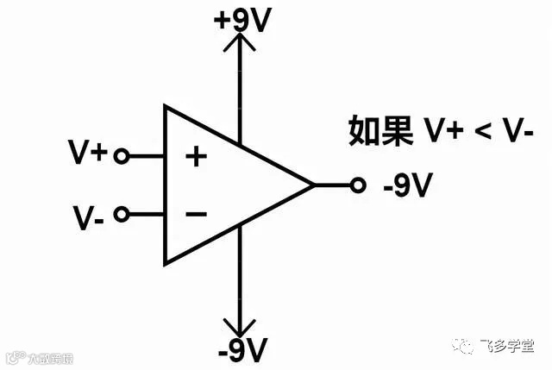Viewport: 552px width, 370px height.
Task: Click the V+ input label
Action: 88,154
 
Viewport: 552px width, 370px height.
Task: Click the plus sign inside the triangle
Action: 198,157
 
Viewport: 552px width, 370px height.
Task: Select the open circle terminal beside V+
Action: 122,156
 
